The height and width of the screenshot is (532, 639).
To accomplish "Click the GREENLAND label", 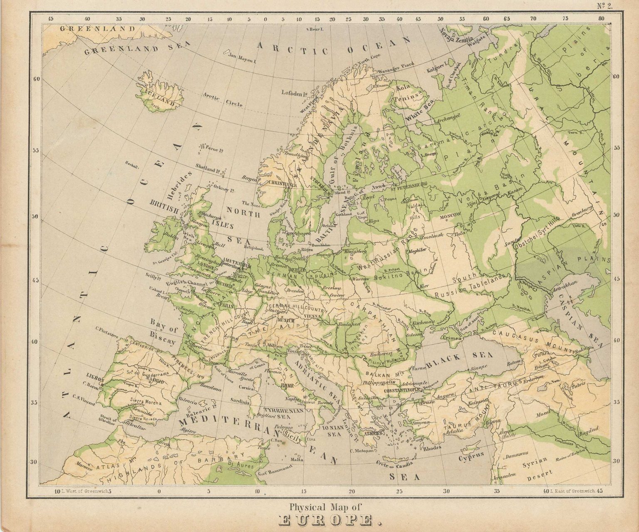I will pos(97,29).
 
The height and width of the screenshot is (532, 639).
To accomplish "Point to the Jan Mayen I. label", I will pos(241,57).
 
